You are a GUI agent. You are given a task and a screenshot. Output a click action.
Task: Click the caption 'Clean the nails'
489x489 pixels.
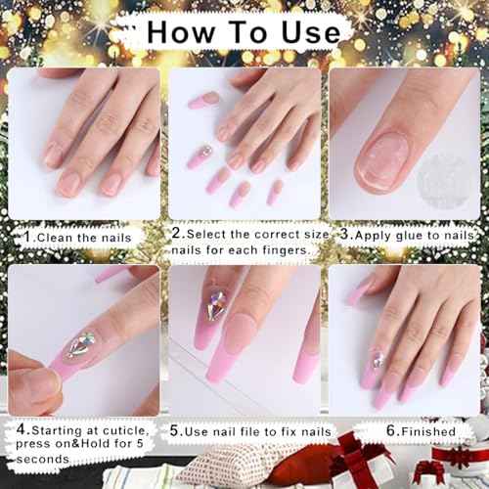point(86,237)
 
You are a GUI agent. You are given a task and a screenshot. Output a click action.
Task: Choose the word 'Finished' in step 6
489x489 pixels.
point(426,430)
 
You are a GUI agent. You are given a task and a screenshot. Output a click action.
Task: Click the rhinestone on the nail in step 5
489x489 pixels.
point(217,306)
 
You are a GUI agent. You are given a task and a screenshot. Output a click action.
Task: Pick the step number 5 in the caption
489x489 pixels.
point(174,430)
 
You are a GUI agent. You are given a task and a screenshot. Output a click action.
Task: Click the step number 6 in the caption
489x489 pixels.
point(389,430)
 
